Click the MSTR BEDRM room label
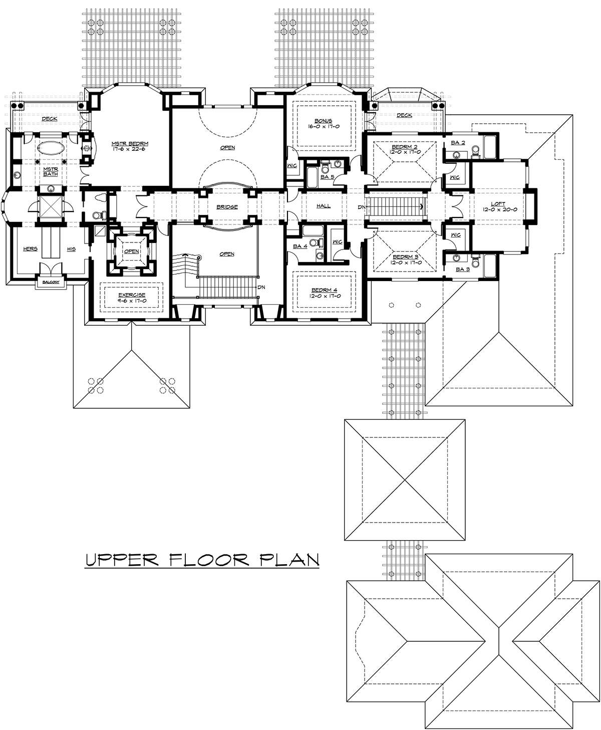pos(130,143)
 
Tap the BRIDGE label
pos(227,207)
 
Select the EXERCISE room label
pos(132,295)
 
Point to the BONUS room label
pos(323,121)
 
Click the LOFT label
pos(498,204)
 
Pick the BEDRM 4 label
pos(324,290)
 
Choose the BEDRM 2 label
pos(404,147)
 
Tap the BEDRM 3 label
pos(405,257)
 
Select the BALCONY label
pos(51,282)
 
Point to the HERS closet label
pos(31,249)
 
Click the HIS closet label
pos(71,249)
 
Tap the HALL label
pos(324,206)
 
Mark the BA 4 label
pos(300,247)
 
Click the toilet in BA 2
pos(476,151)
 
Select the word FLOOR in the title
pos(209,560)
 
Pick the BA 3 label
pos(463,269)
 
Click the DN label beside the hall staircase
pos(361,207)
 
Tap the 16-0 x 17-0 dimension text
pos(323,127)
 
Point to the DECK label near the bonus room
pos(404,115)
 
